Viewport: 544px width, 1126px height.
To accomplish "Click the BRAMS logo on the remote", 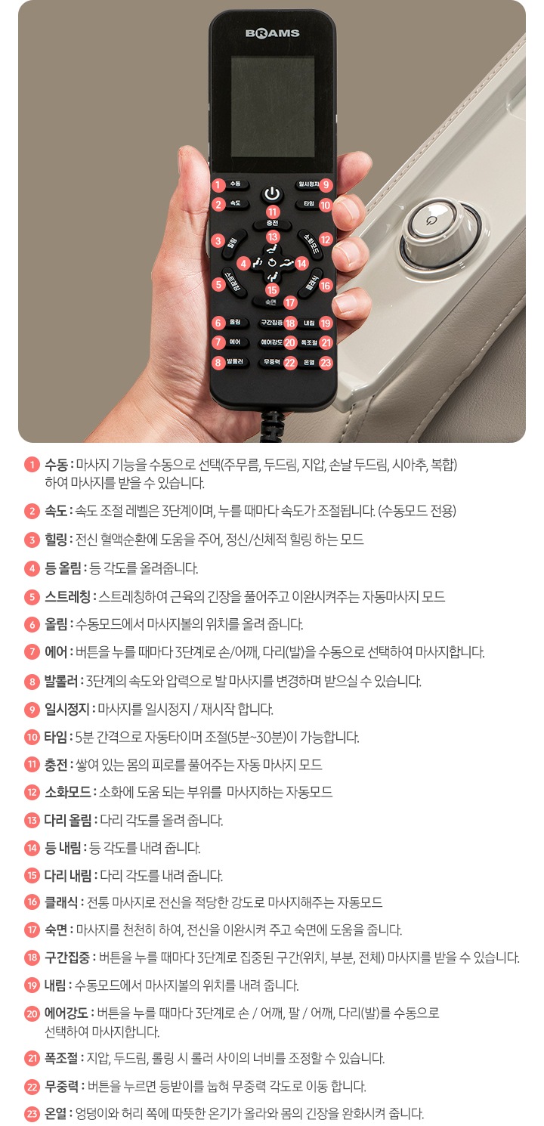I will pos(272,33).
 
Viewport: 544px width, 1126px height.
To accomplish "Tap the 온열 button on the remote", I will pos(309,362).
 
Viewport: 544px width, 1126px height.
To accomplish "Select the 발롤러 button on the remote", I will pos(235,362).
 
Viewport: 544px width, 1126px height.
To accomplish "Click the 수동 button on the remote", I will pos(235,184).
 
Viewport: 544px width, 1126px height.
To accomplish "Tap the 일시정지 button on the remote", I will pos(308,184).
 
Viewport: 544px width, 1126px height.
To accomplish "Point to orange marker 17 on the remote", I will pos(290,302).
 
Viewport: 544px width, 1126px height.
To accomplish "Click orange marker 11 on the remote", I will pos(272,212).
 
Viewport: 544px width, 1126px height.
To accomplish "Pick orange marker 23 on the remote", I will pos(326,363).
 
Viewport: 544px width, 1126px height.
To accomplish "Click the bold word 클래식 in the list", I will pos(63,902).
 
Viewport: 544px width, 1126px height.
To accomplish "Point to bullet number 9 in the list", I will pos(32,709).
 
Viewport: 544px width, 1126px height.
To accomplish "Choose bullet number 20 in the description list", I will pos(32,1013).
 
